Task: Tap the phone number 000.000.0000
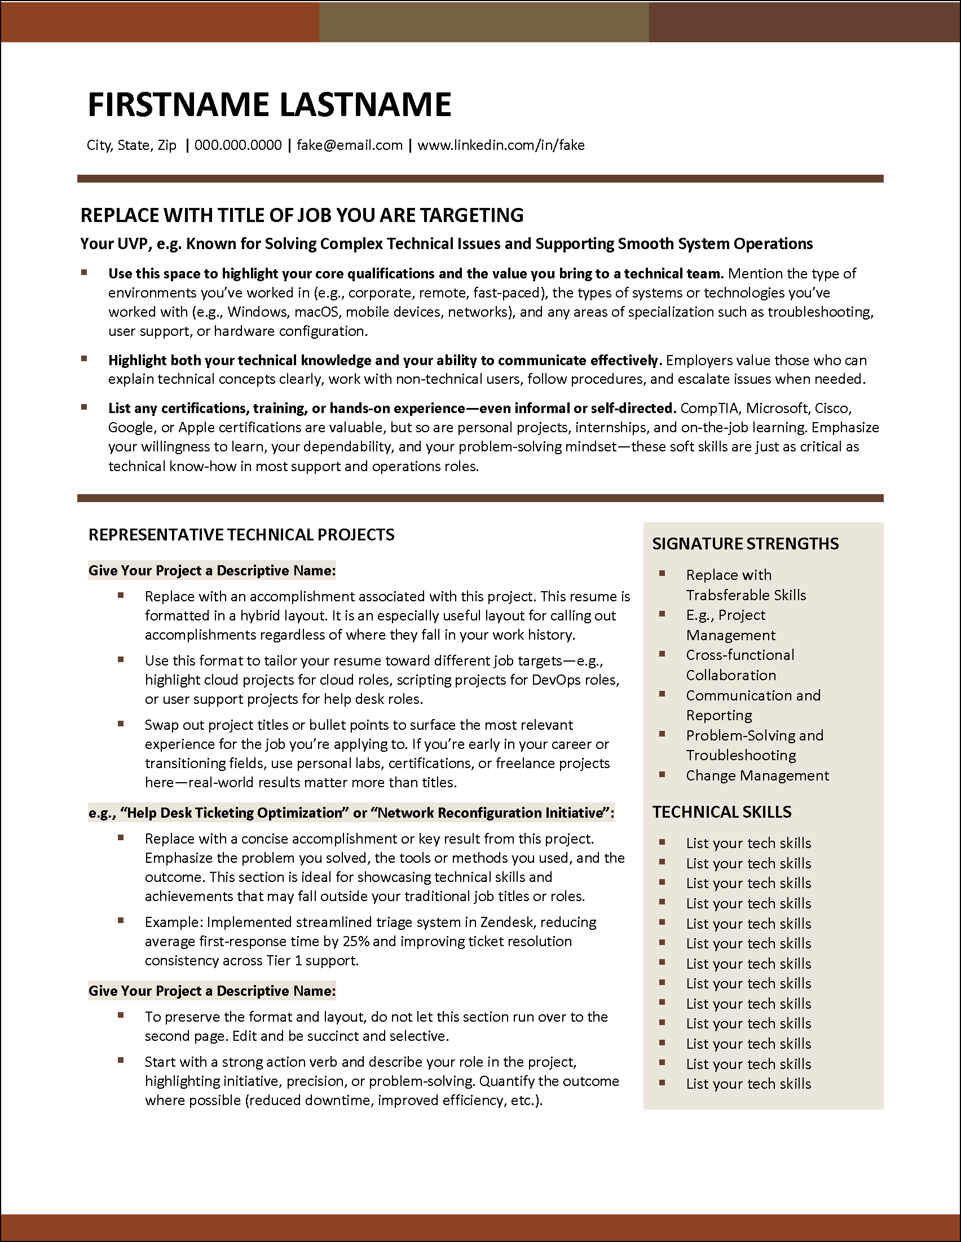[238, 145]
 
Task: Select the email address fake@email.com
[349, 145]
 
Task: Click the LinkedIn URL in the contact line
[501, 145]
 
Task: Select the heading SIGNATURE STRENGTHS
[745, 544]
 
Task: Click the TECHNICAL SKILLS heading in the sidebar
[721, 812]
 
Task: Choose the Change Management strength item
[757, 775]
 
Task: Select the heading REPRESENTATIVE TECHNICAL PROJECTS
[241, 535]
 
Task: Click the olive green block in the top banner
[484, 21]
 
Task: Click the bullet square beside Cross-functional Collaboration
[662, 654]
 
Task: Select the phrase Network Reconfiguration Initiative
[490, 813]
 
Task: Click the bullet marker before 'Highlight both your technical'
[84, 359]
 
